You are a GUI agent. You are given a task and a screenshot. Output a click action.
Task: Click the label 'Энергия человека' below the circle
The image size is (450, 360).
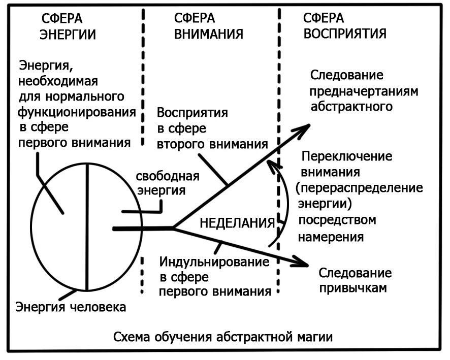coord(71,307)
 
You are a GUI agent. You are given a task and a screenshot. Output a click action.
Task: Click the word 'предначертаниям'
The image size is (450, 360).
coord(364,91)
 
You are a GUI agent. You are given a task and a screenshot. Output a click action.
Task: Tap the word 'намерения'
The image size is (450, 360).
coord(331,236)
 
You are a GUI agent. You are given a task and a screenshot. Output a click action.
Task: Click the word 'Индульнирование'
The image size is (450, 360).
coord(214,263)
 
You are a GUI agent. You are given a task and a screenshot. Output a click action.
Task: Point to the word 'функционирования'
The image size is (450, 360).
coord(76,112)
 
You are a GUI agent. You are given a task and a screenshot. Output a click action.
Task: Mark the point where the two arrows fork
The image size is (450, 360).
coord(174,228)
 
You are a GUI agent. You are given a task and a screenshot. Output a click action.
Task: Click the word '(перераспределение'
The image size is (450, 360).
coord(359,188)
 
